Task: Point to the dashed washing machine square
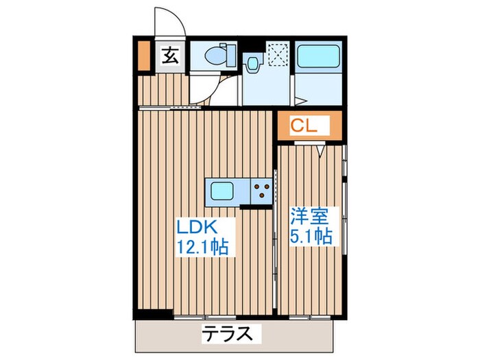pos(278,53)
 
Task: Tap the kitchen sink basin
pos(224,190)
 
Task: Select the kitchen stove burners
pos(261,190)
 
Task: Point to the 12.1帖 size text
pos(204,245)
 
